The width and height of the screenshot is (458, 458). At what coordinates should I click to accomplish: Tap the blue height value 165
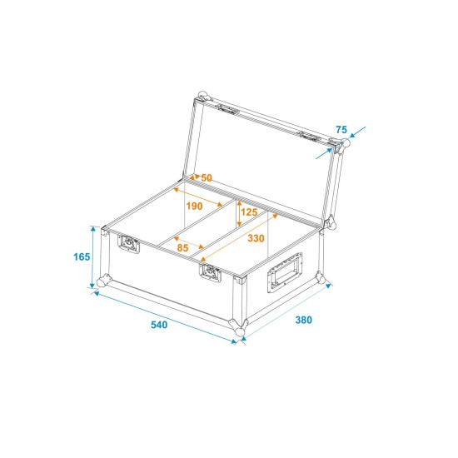coord(81,256)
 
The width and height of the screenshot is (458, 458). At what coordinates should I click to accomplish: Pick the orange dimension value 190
coord(194,206)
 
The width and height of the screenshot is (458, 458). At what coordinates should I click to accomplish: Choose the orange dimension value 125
coord(249,212)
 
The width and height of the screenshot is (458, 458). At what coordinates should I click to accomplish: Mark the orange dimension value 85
coord(184,246)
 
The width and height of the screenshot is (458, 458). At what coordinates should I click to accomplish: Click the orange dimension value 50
coord(206,177)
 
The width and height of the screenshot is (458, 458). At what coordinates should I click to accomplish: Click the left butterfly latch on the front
coord(129,244)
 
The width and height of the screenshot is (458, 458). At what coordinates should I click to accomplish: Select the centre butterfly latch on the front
coord(209,273)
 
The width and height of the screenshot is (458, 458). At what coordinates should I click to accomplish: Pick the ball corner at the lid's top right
coord(341,147)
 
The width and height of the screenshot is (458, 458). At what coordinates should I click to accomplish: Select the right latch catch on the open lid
coord(309,136)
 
